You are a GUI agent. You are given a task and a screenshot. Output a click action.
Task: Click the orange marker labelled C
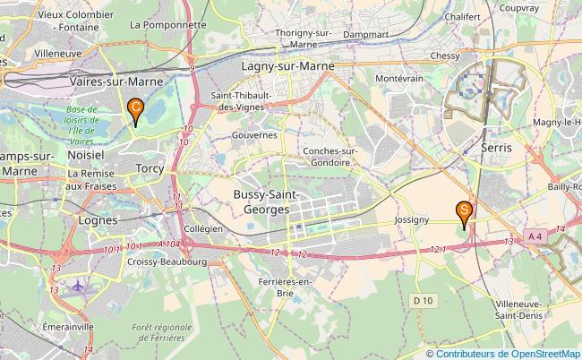click(134, 110)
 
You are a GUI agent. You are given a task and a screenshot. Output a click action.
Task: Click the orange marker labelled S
click(464, 212)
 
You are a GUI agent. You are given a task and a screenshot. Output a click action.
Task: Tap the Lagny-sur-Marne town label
click(287, 66)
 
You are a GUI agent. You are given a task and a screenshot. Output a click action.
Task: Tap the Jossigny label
click(411, 219)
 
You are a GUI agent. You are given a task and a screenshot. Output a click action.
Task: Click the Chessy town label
click(445, 56)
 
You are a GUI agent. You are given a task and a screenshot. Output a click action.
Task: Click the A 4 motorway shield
click(535, 236)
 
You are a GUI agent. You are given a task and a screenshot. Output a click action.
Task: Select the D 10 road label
click(424, 298)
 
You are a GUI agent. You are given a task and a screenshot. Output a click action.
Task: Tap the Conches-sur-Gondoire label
click(330, 156)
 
